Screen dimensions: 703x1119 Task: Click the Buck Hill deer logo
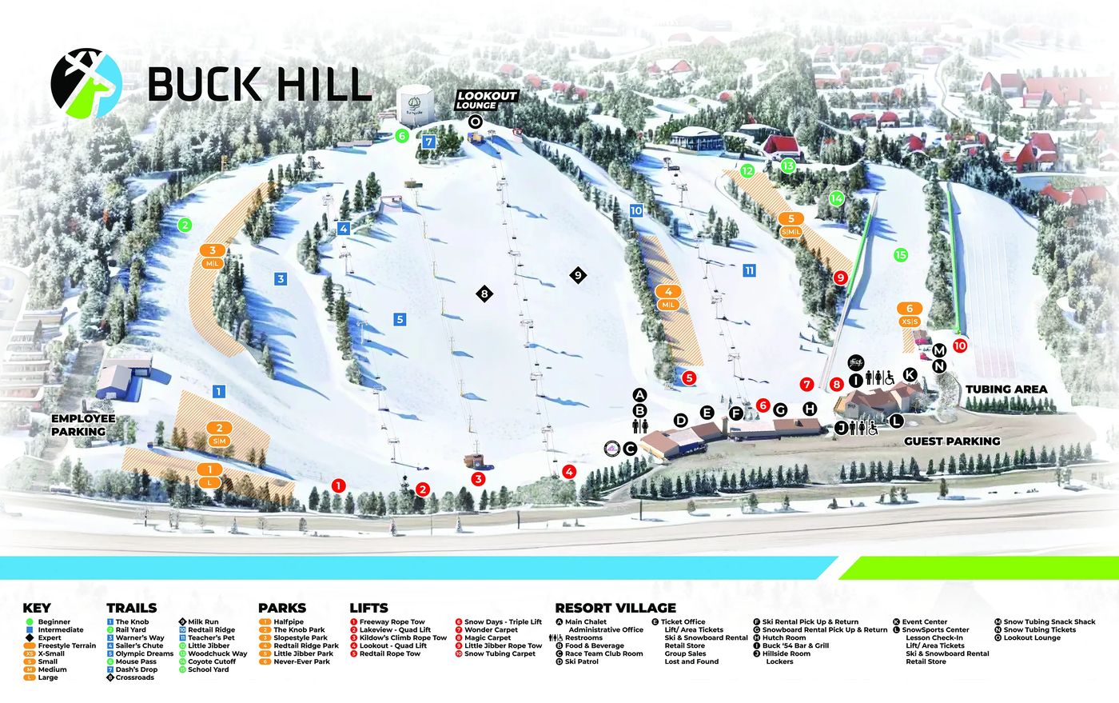point(86,82)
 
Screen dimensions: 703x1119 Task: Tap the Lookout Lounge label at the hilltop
point(487,100)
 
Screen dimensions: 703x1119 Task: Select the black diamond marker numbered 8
point(484,294)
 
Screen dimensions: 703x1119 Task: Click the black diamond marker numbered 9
point(578,275)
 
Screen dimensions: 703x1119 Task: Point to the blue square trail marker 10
point(636,210)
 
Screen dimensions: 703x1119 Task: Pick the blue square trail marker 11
point(749,270)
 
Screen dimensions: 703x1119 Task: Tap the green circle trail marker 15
point(901,255)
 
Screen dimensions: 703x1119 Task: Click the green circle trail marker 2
point(185,225)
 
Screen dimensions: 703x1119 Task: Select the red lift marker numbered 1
point(338,485)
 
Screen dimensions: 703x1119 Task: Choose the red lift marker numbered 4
point(568,472)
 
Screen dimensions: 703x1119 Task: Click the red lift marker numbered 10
point(959,346)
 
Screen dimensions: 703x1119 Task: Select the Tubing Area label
point(1006,389)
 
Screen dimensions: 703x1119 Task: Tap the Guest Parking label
point(951,441)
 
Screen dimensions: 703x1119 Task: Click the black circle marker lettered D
point(680,420)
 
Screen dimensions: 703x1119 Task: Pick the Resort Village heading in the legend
point(615,608)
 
